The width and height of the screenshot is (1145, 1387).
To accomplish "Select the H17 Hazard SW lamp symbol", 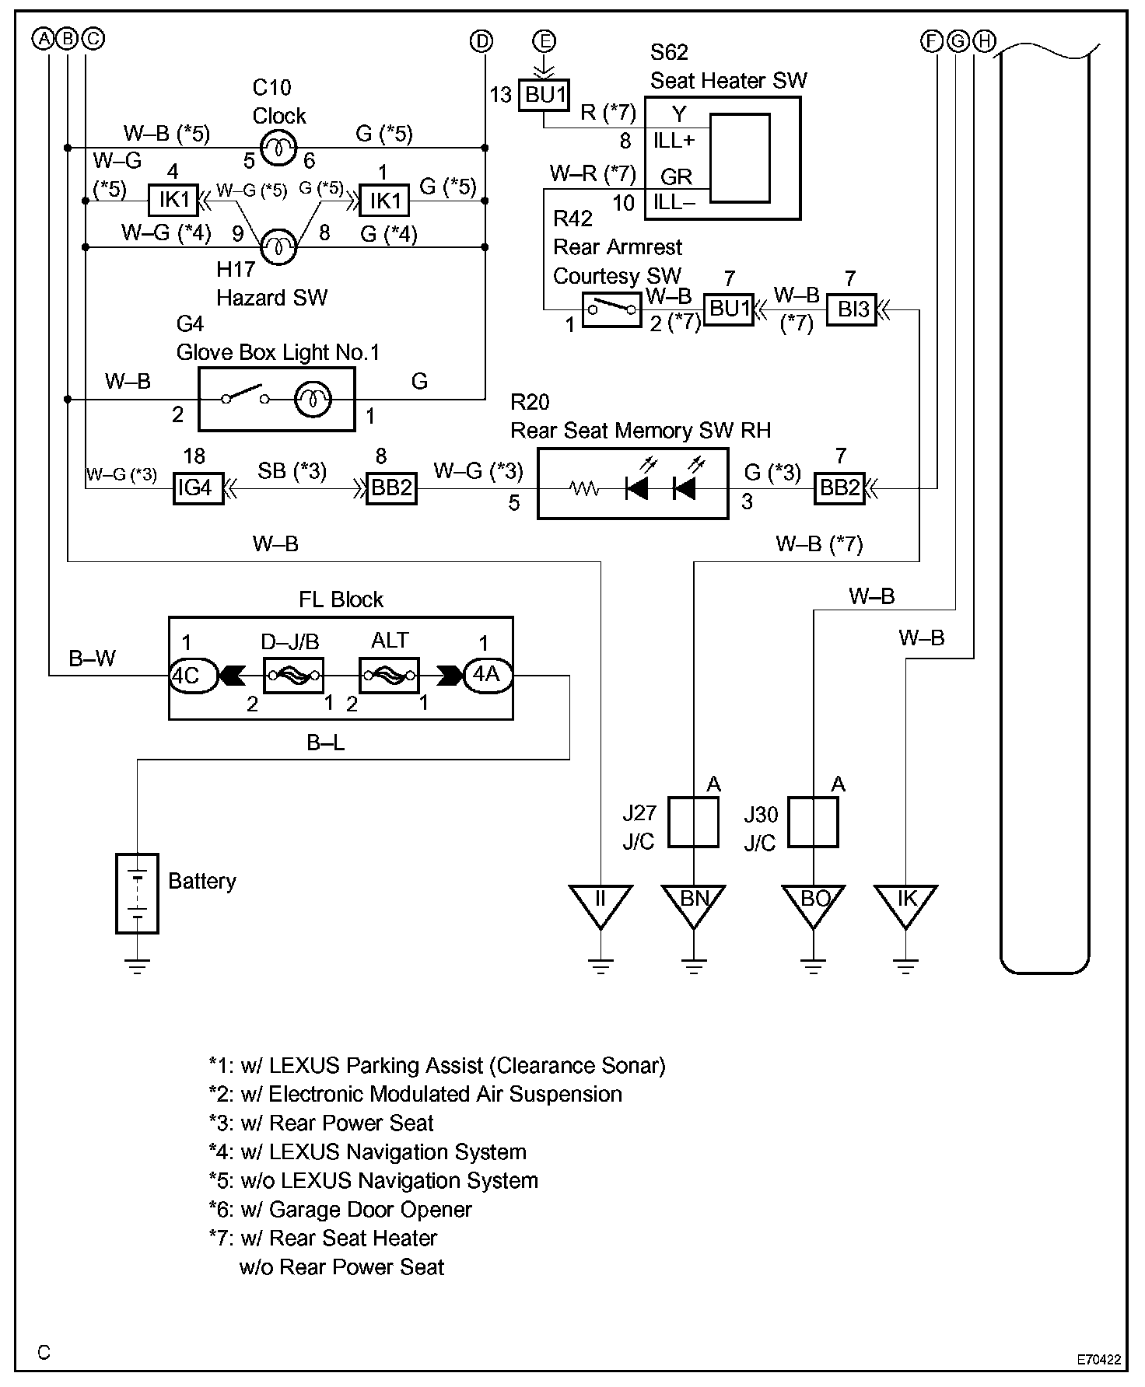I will (x=278, y=248).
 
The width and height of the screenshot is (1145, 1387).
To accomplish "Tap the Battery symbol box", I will (x=137, y=893).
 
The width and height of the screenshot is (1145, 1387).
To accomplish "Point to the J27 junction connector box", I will (x=693, y=821).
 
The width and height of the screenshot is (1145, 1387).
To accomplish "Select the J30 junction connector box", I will (x=813, y=821).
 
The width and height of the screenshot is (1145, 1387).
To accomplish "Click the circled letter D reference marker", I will (x=482, y=40).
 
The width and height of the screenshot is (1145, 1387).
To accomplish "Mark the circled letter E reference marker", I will (x=544, y=40).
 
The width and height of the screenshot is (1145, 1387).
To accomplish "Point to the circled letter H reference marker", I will (x=984, y=40).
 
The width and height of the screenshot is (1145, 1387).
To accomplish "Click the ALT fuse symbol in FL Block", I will (x=389, y=675).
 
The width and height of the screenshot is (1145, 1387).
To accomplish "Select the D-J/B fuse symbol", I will (x=293, y=675).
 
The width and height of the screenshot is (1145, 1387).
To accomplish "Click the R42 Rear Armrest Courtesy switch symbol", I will (x=611, y=309).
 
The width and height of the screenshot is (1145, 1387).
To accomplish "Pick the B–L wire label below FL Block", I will (x=325, y=743).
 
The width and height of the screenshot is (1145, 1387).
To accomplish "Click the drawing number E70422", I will (x=1098, y=1360).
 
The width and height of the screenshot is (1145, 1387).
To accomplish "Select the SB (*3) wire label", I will (x=292, y=471).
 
